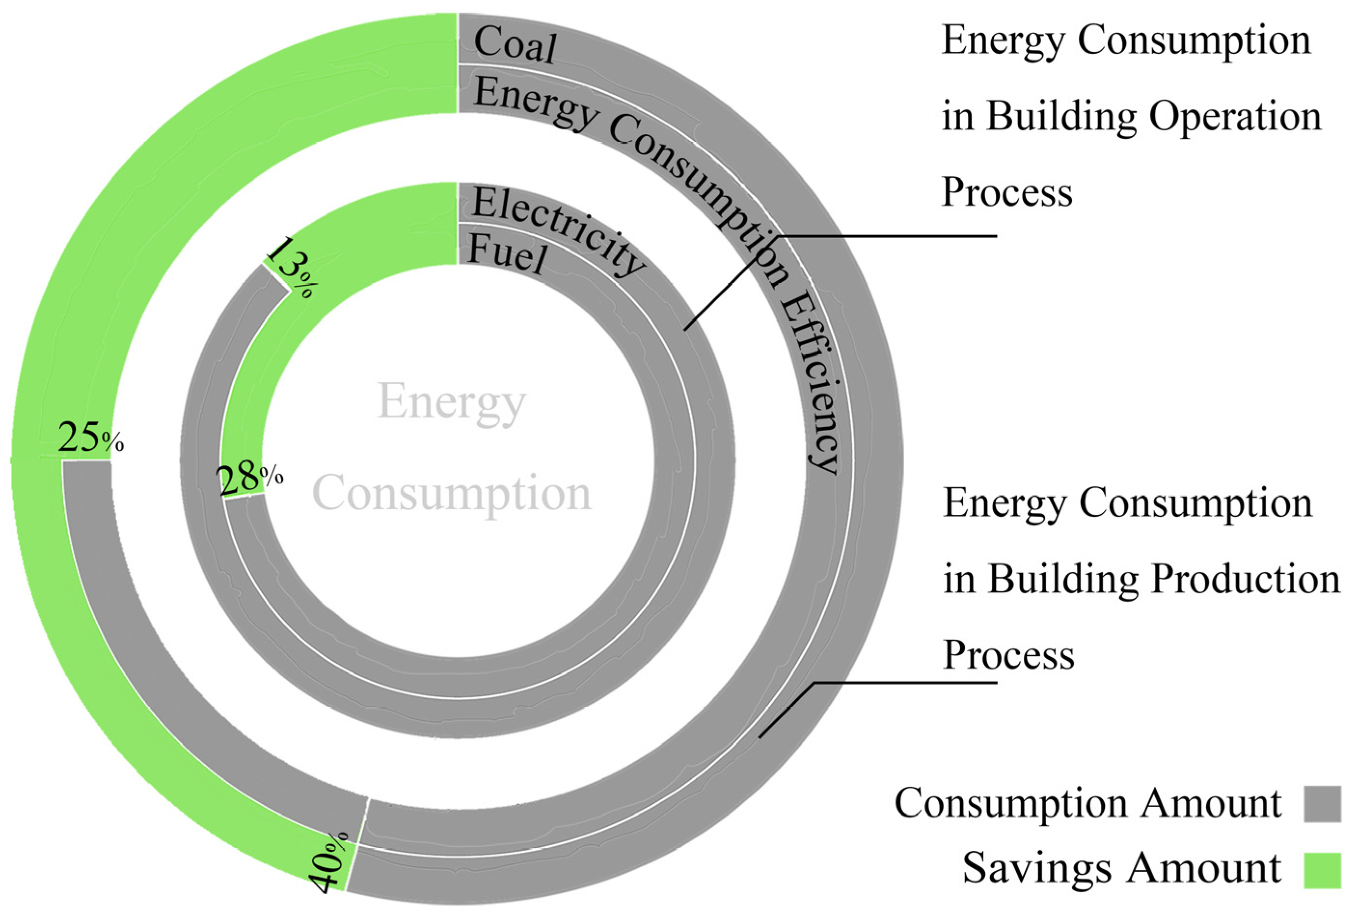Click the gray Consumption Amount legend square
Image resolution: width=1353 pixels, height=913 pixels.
coord(1322,804)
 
